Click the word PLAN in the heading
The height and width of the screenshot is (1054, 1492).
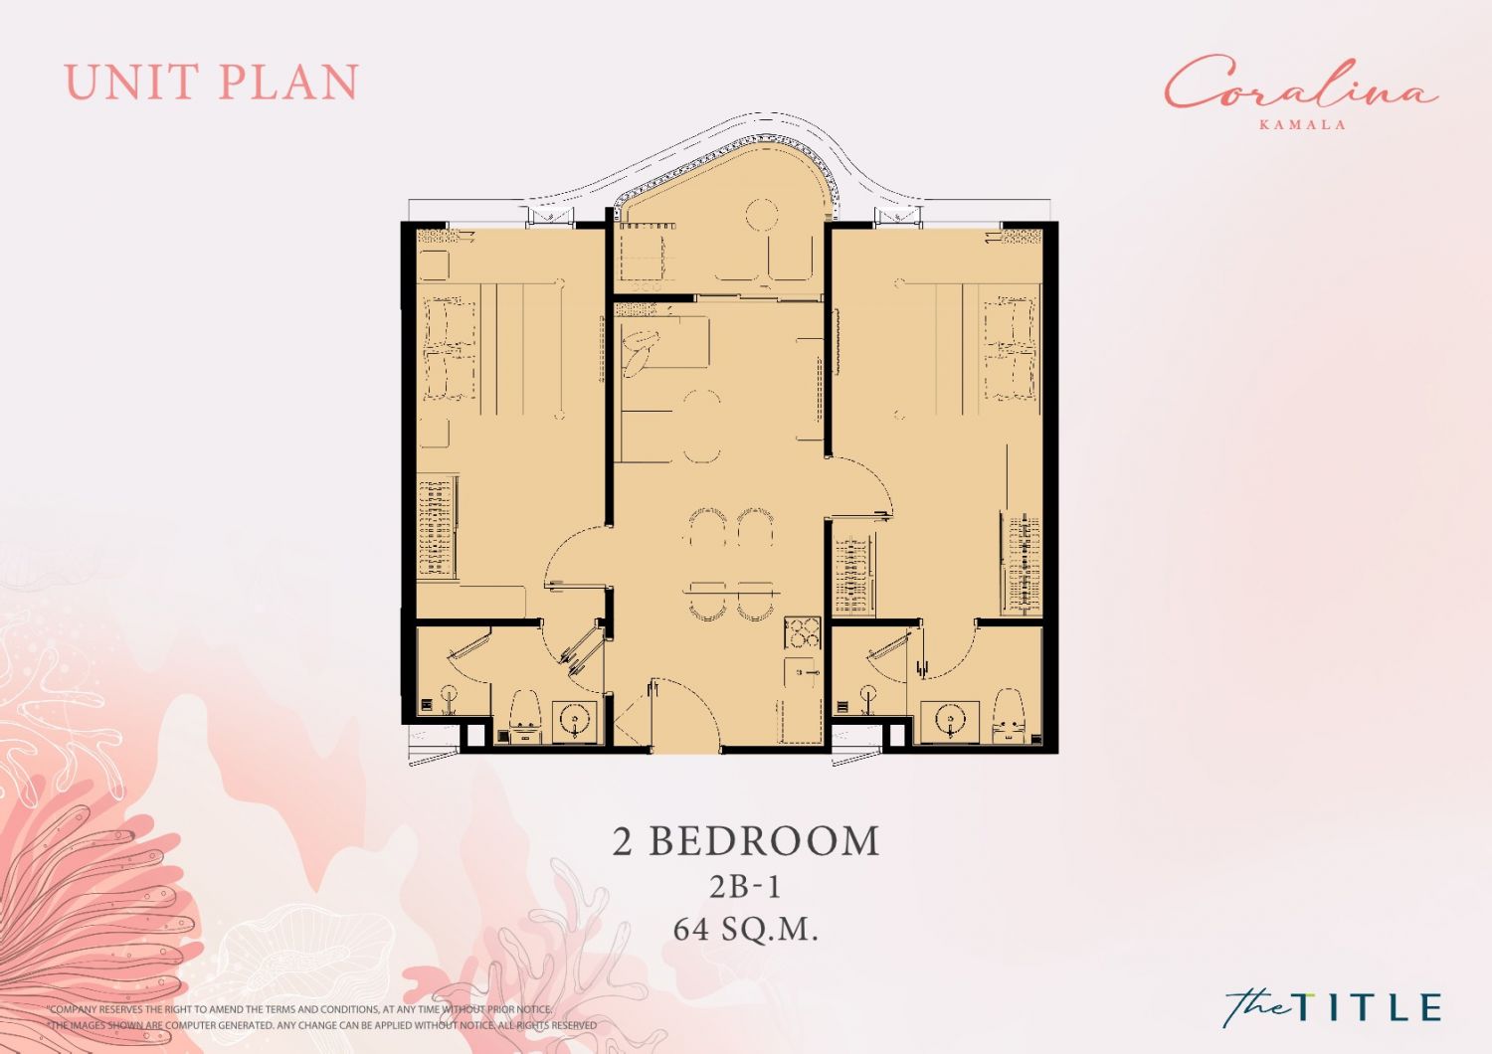[289, 82]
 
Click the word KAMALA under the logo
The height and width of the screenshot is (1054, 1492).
[1301, 124]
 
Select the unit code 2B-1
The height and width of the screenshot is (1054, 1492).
[745, 886]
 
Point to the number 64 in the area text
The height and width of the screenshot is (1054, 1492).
[691, 930]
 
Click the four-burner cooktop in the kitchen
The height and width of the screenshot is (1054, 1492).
[802, 633]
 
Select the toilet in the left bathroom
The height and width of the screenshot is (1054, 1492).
[524, 716]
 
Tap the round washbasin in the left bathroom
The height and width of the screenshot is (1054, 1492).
[574, 719]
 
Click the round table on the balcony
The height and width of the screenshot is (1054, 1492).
[762, 215]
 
